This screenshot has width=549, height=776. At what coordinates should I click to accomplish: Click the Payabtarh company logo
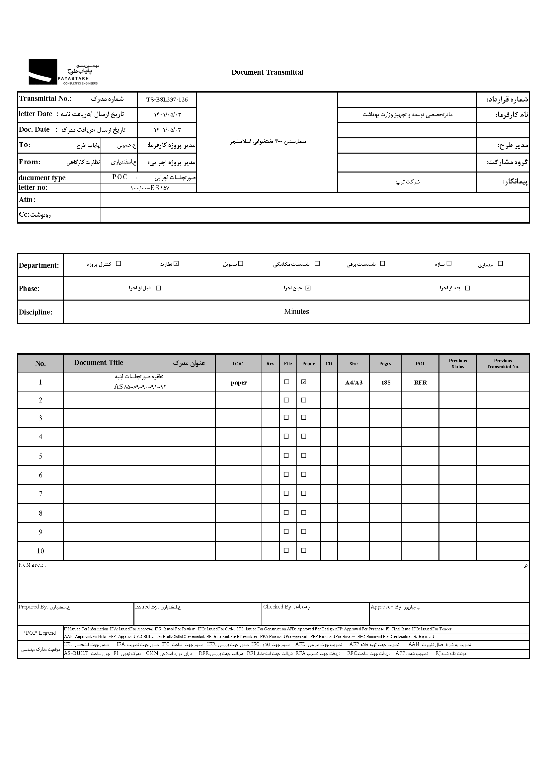[63, 72]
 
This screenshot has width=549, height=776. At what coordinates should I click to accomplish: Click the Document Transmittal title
[267, 72]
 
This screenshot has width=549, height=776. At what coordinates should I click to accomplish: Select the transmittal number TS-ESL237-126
[167, 100]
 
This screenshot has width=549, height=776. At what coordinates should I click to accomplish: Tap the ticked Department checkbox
[176, 264]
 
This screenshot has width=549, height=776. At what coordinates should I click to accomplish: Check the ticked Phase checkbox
[308, 288]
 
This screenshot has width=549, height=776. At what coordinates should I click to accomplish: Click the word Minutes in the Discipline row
[296, 312]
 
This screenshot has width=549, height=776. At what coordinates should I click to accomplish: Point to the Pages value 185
[386, 383]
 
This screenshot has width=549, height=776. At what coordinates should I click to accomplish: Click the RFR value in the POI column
[420, 383]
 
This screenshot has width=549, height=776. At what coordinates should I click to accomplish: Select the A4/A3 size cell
[353, 383]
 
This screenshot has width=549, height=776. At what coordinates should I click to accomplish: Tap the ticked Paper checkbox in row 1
[304, 382]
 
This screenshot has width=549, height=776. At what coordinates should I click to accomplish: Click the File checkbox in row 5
[286, 456]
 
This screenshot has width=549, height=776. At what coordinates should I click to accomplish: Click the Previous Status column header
[458, 364]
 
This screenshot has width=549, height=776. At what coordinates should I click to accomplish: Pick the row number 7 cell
[40, 494]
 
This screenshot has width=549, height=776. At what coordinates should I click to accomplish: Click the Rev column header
[270, 364]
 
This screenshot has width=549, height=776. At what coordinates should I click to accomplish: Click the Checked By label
[277, 607]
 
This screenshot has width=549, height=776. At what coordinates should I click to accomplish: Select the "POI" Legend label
[40, 633]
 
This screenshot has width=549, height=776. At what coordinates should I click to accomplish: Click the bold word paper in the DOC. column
[239, 383]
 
